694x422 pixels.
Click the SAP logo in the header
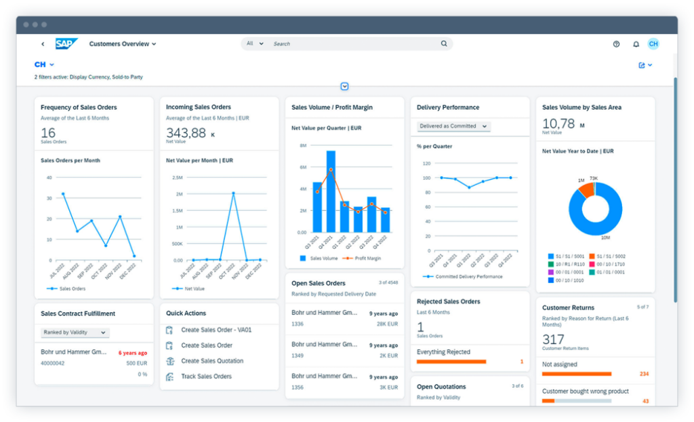click(66, 43)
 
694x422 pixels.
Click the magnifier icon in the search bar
click(444, 43)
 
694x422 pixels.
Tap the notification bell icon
click(636, 44)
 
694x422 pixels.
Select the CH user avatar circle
click(653, 43)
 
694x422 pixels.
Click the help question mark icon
click(616, 44)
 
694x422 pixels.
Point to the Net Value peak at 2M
click(233, 193)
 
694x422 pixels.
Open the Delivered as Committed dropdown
click(453, 126)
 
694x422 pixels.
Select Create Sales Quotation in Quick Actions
click(211, 361)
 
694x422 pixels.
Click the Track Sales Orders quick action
click(206, 376)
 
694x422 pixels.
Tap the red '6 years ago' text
click(133, 353)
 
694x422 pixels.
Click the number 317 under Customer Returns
click(553, 339)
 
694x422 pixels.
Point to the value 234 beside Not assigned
click(644, 374)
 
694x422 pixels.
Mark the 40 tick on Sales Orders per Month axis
click(49, 178)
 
